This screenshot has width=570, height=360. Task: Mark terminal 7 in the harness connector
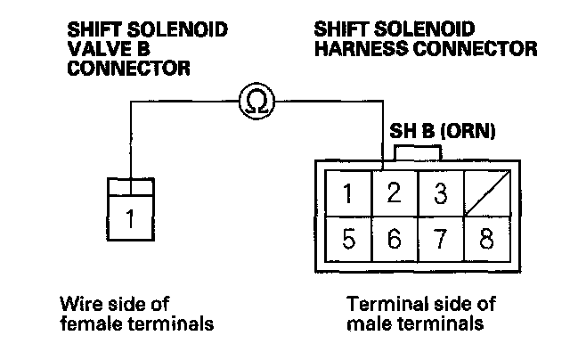click(440, 241)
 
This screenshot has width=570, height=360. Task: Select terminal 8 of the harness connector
click(486, 241)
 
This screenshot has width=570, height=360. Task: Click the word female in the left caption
click(87, 323)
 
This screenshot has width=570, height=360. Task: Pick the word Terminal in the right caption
click(379, 304)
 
